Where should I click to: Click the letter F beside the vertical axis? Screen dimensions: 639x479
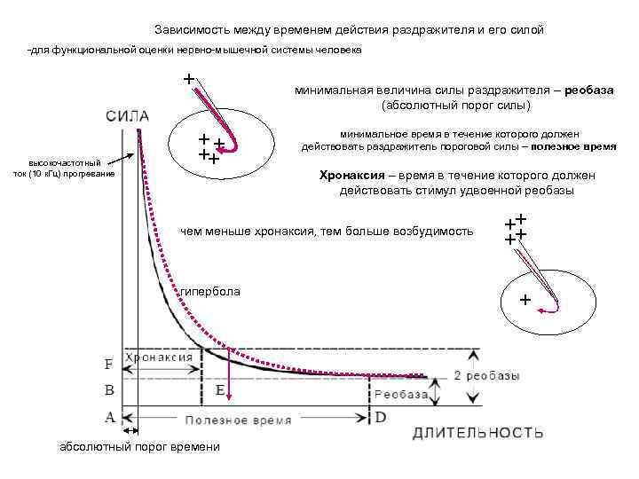[x=108, y=365]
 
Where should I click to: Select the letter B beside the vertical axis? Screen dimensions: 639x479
[x=108, y=389]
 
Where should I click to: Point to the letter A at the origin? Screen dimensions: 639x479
[x=108, y=415]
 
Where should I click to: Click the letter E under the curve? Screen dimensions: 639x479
[x=219, y=389]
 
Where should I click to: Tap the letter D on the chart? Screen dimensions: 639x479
[x=380, y=416]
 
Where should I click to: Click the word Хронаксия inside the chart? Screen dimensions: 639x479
[x=161, y=356]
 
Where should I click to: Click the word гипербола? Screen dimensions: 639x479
[x=210, y=292]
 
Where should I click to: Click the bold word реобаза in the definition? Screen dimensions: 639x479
[x=588, y=90]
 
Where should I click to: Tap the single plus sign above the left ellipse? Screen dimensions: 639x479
[x=188, y=78]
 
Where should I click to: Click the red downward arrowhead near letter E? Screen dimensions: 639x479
[x=228, y=398]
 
